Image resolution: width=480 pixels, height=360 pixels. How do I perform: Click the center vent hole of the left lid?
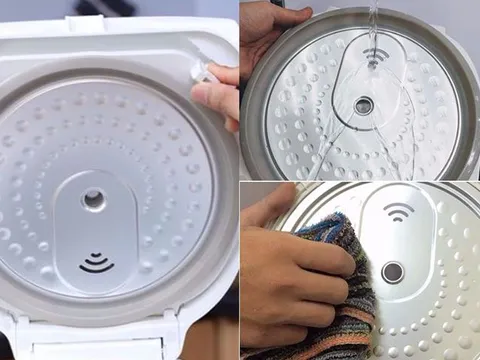click(x=94, y=199)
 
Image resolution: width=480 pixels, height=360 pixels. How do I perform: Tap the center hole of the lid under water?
click(x=363, y=106)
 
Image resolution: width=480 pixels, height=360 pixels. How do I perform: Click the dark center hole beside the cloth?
click(x=393, y=272)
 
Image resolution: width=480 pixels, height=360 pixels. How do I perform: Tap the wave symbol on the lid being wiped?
click(x=398, y=211)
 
